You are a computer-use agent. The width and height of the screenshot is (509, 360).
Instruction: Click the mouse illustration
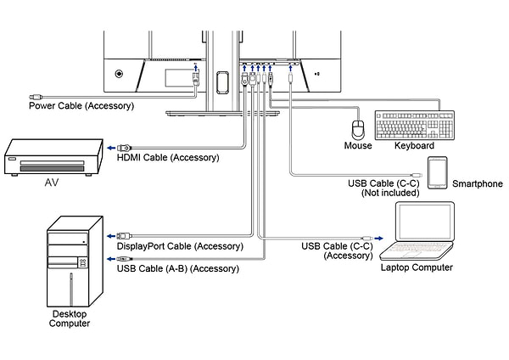pyautogui.click(x=358, y=128)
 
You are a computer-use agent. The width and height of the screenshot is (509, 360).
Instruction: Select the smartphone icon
pyautogui.click(x=437, y=172)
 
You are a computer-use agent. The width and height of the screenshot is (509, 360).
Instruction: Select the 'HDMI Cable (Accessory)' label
pyautogui.click(x=167, y=157)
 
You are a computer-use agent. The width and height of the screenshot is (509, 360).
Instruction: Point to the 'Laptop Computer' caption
pyautogui.click(x=416, y=267)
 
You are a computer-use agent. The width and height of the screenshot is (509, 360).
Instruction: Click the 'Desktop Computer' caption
pyautogui.click(x=70, y=318)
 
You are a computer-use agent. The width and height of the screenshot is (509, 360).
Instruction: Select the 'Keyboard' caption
pyautogui.click(x=415, y=146)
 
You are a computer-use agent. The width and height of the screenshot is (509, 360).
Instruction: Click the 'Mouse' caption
pyautogui.click(x=358, y=146)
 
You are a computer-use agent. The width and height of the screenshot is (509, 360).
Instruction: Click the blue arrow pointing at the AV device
pyautogui.click(x=111, y=148)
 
